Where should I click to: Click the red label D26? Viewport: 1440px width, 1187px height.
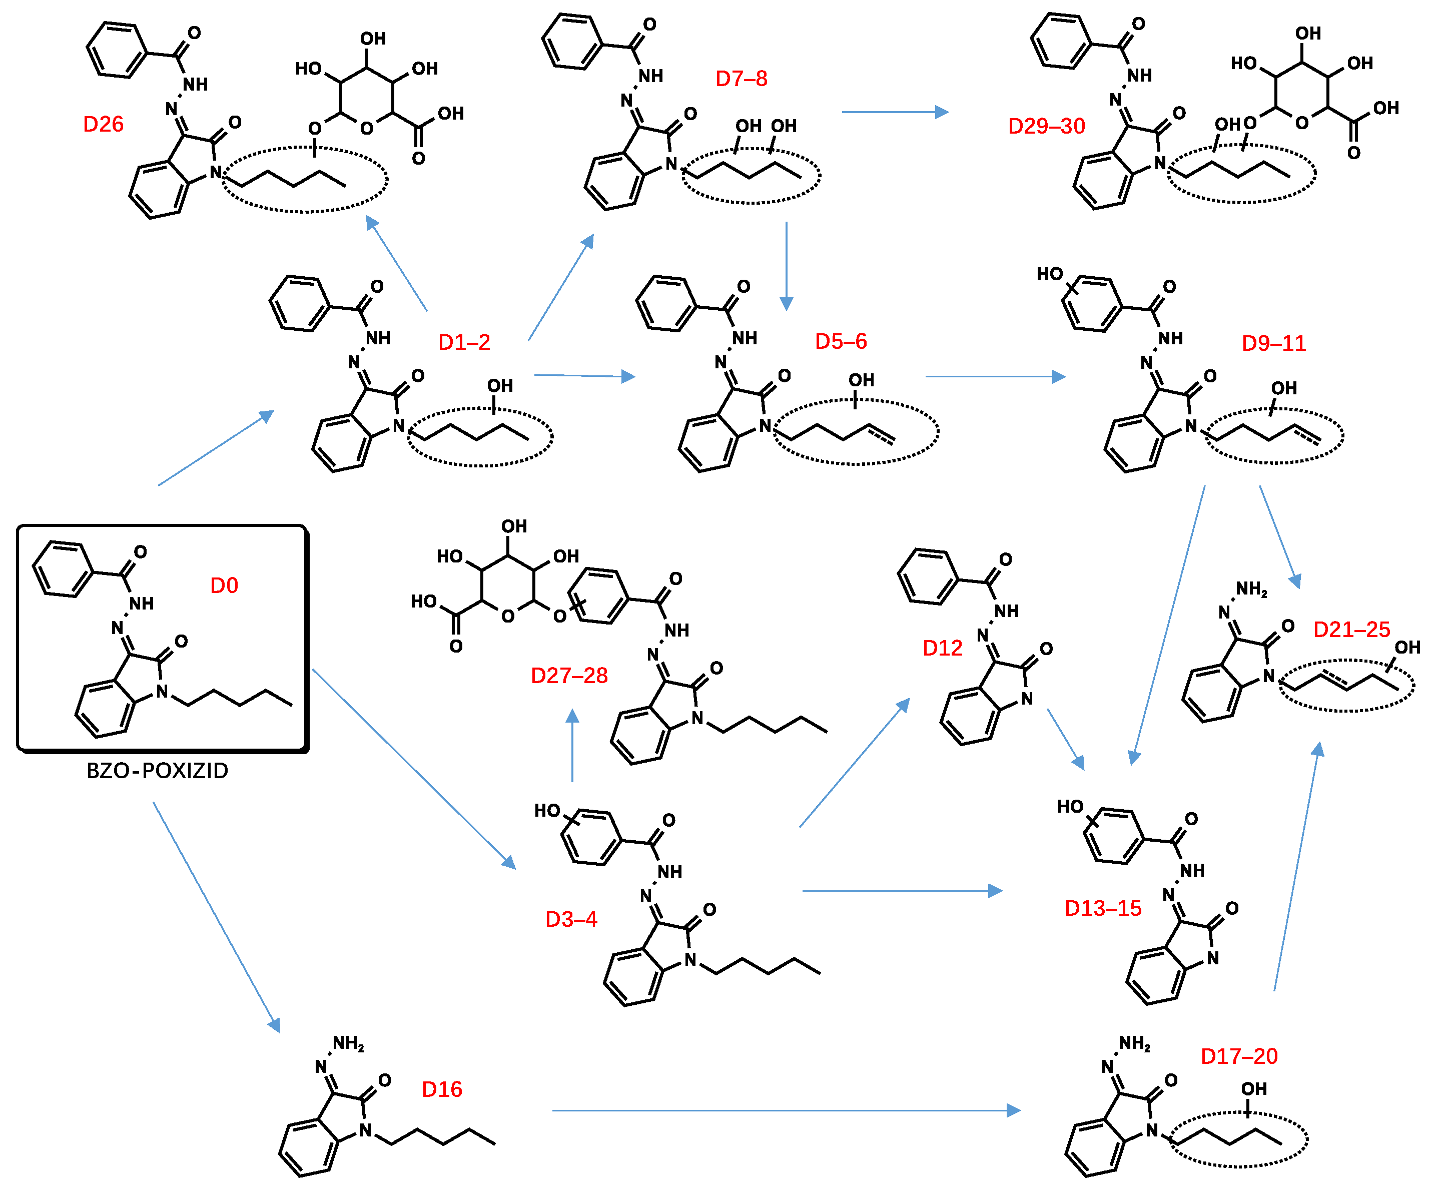103,125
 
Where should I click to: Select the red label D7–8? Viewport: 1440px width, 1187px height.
741,79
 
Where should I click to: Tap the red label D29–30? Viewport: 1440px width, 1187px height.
1046,127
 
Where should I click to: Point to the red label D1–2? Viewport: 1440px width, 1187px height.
464,343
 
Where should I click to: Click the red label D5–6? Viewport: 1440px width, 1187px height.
841,341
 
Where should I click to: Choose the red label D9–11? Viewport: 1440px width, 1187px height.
1273,343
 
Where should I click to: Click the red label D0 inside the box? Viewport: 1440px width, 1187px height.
224,585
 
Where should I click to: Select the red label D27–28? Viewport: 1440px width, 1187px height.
569,676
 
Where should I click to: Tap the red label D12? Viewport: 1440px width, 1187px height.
942,648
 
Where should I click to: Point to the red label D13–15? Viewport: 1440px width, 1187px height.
1103,908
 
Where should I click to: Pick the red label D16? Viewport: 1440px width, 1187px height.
442,1089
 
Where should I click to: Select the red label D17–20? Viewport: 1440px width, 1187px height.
1239,1056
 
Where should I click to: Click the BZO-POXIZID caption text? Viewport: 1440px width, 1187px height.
157,771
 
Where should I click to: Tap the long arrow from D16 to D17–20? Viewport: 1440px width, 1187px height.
787,1110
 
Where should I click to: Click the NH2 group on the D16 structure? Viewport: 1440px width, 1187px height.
348,1043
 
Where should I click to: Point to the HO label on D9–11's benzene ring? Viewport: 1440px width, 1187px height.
1050,274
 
